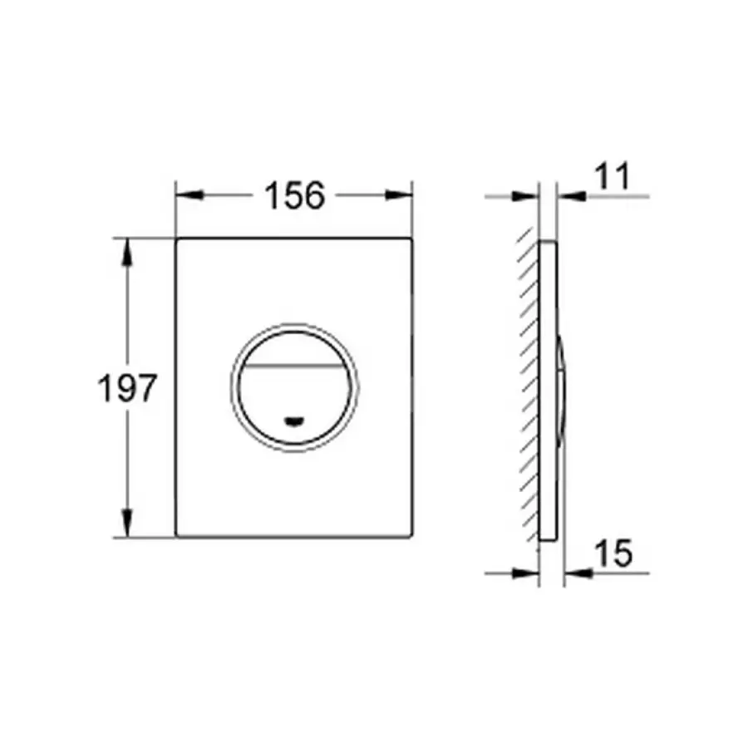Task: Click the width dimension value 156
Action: pyautogui.click(x=293, y=196)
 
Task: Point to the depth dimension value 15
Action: pyautogui.click(x=613, y=553)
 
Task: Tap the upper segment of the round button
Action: pyautogui.click(x=294, y=347)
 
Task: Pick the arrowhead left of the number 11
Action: pyautogui.click(x=572, y=196)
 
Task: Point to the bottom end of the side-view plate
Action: pyautogui.click(x=548, y=539)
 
